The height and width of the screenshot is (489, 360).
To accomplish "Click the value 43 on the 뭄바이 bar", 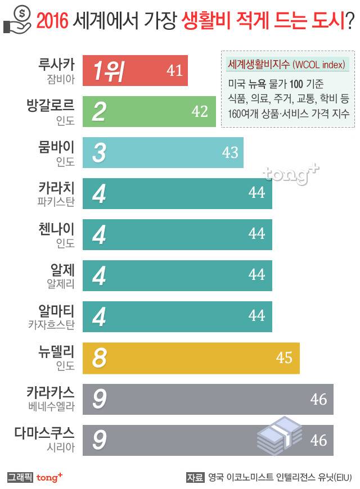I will (x=230, y=152).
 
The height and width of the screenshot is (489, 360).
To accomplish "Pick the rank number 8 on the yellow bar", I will (x=99, y=358).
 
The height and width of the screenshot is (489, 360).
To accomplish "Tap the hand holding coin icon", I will (x=17, y=21).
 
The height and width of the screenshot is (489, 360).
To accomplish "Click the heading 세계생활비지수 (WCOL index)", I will (x=285, y=64).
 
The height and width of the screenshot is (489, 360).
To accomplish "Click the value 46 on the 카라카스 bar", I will (x=318, y=399).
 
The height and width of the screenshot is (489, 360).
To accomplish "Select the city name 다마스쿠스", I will (x=44, y=433).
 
